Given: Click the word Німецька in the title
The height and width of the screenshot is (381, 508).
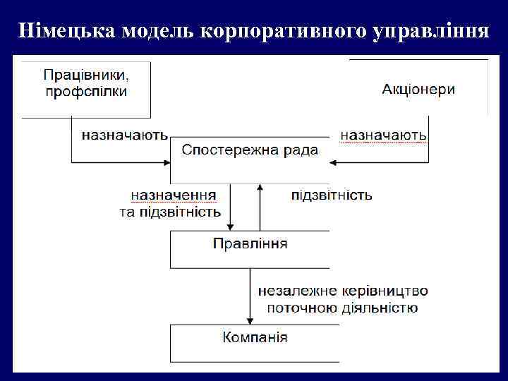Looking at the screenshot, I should click(66, 31).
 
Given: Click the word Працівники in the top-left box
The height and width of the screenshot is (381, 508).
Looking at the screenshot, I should click(87, 74).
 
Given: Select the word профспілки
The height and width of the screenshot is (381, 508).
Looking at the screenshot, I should click(85, 92).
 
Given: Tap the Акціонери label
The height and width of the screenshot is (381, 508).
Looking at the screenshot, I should click(418, 89).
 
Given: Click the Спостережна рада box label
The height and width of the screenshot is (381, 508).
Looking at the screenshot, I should click(250, 150).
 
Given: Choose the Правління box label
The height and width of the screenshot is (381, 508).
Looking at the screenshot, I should click(250, 243).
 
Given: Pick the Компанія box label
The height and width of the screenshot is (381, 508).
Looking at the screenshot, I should click(255, 337).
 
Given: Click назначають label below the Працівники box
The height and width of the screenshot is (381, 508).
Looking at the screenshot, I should click(124, 133).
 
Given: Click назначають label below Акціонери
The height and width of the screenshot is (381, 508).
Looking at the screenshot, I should click(383, 133).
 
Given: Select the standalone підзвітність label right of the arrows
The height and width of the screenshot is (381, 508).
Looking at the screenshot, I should click(332, 195).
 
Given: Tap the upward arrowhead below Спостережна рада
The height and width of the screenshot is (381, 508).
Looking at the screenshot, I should click(260, 188).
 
